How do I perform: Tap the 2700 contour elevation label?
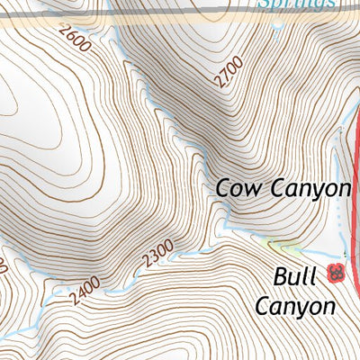[230, 70]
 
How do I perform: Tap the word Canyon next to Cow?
[305, 189]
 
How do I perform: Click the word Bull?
[296, 274]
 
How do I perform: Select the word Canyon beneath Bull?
[294, 306]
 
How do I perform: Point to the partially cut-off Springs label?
[297, 4]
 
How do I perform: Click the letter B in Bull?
[281, 274]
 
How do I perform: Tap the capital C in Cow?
[222, 189]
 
